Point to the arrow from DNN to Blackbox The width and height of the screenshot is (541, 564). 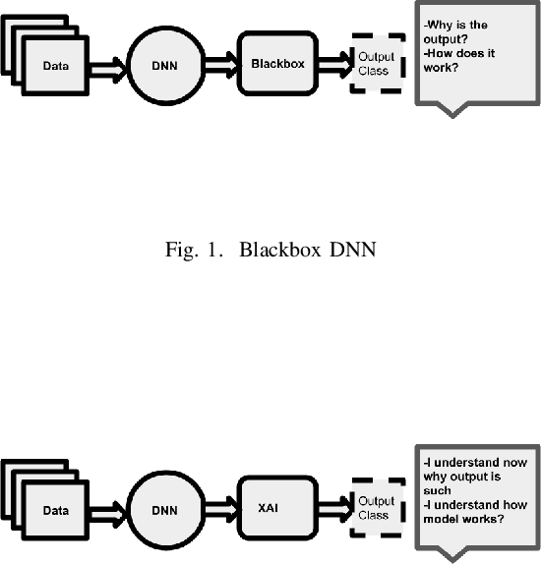[x=222, y=64]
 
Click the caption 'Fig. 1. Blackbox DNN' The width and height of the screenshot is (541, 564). [x=270, y=250]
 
